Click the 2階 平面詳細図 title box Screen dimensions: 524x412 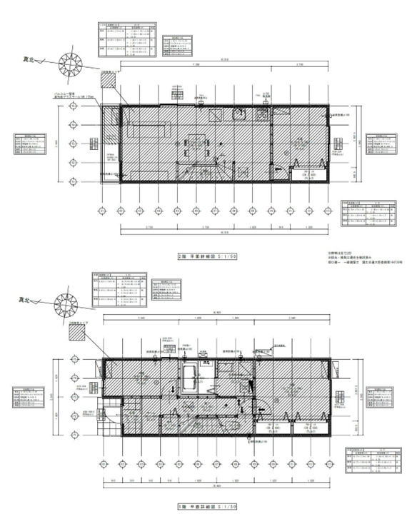(206, 255)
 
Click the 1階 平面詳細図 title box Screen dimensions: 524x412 (206, 507)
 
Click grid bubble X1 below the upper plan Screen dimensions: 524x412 (102, 211)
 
